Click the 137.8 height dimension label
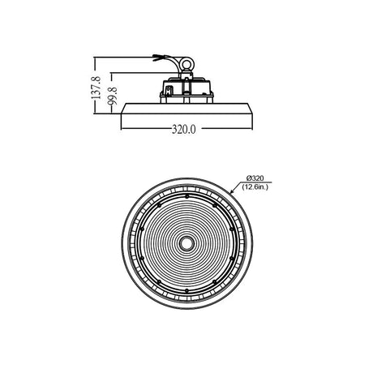click(x=96, y=88)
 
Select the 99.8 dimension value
click(x=113, y=96)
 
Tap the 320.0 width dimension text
click(x=183, y=130)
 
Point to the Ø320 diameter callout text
click(x=255, y=178)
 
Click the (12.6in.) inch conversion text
click(x=255, y=186)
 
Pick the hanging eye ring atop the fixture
click(x=186, y=64)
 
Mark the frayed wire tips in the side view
click(x=157, y=58)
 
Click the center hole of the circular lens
click(x=186, y=243)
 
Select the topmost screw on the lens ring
click(x=186, y=196)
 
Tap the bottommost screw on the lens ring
click(x=186, y=290)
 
